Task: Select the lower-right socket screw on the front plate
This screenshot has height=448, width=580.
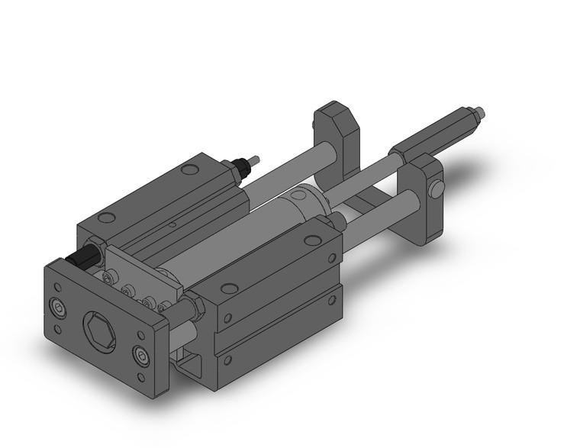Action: [x=140, y=356]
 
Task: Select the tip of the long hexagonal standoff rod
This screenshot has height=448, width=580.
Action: [x=478, y=114]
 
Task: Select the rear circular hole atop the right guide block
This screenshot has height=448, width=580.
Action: [x=311, y=240]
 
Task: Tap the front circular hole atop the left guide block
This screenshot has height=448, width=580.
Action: [x=107, y=218]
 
